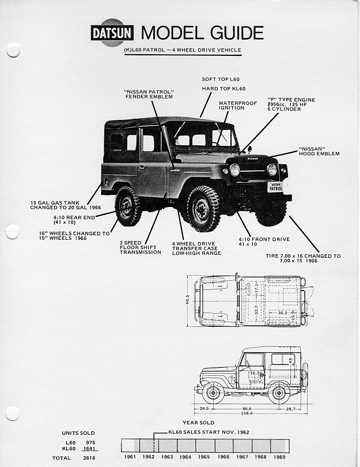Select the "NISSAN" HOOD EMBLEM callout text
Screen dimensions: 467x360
[320, 151]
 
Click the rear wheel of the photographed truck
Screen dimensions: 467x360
[127, 206]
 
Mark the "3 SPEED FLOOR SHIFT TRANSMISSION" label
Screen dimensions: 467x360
[140, 247]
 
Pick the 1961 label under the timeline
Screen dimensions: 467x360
[131, 457]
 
